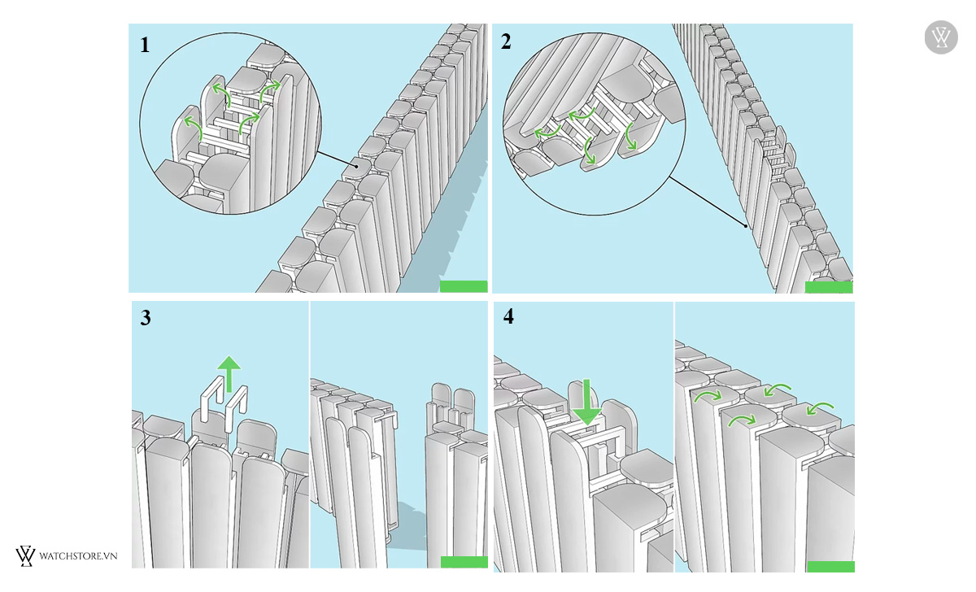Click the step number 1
[145, 45]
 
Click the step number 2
[506, 42]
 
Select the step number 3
[146, 317]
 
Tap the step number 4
[508, 316]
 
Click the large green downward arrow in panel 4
[586, 402]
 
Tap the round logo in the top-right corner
[941, 38]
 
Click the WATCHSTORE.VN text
[79, 556]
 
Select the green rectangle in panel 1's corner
[464, 286]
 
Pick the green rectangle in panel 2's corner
[828, 286]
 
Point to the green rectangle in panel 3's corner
[464, 562]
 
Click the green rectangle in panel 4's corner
[830, 566]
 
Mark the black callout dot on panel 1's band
[356, 166]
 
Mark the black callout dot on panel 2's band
[747, 226]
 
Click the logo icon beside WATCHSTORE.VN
[25, 556]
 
